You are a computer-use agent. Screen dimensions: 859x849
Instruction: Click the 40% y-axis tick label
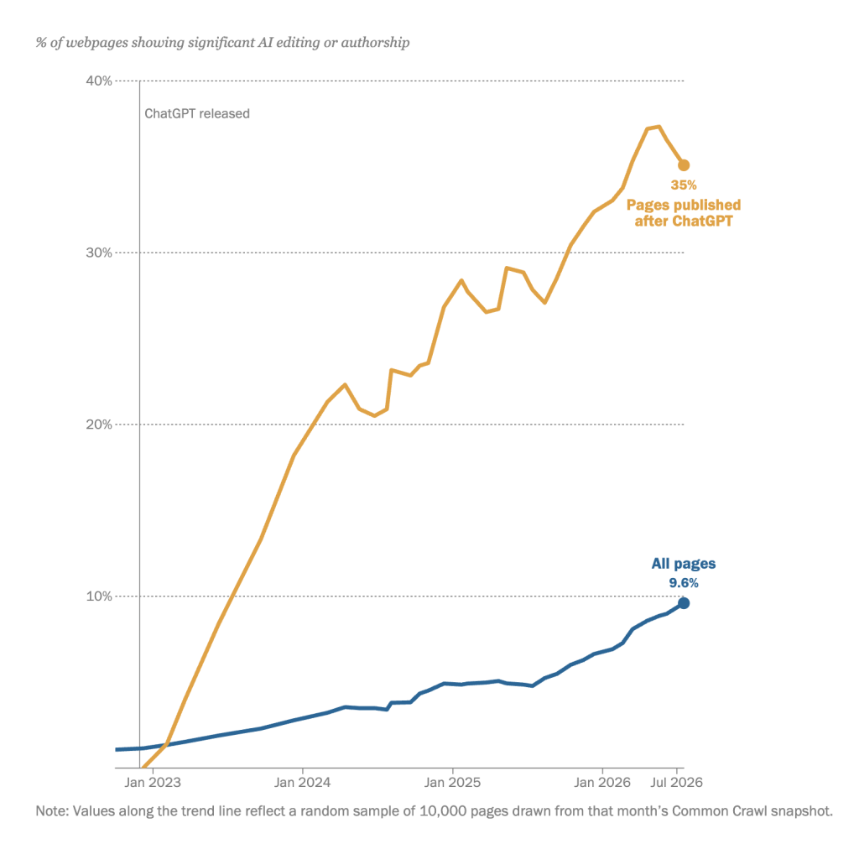[99, 81]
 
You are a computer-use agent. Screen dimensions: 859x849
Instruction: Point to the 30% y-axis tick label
[99, 253]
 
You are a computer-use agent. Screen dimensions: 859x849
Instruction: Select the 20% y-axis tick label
[99, 424]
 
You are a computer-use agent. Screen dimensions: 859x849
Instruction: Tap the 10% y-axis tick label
[99, 596]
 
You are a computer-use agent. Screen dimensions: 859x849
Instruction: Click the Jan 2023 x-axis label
[153, 782]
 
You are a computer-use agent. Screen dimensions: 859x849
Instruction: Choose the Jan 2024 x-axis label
[302, 782]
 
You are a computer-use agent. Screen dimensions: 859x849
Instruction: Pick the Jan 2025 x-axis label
[452, 782]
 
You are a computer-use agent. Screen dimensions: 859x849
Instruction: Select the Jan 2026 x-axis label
[602, 782]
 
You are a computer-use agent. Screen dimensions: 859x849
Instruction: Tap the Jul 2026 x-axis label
[677, 782]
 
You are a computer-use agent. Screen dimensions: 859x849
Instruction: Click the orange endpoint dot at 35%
[684, 165]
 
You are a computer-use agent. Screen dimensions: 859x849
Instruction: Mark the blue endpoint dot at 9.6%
[684, 603]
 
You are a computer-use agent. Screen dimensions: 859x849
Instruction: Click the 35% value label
[684, 185]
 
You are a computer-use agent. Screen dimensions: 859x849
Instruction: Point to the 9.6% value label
[684, 583]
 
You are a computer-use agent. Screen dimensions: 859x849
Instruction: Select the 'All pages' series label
[684, 564]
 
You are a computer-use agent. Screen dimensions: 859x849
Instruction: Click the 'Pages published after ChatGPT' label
[684, 213]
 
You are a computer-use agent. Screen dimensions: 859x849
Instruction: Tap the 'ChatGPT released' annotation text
[197, 113]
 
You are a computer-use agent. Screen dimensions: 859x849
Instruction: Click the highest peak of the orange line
[659, 127]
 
